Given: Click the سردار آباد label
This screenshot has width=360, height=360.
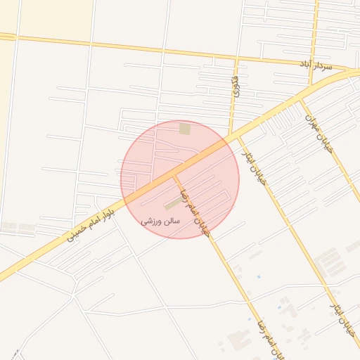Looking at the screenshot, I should pos(315,65).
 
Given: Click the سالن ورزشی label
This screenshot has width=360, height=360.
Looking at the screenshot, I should pos(161,221).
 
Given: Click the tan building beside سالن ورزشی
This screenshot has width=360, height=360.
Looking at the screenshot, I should pos(172,204).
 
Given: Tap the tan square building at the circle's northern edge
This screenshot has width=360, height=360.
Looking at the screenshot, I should pos(185,129).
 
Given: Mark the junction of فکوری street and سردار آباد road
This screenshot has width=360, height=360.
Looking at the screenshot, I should pos(233,58).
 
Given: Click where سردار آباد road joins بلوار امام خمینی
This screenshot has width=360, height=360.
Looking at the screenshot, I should pos(349,72).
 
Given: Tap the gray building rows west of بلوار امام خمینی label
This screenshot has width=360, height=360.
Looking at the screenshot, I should pos(18,228).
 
